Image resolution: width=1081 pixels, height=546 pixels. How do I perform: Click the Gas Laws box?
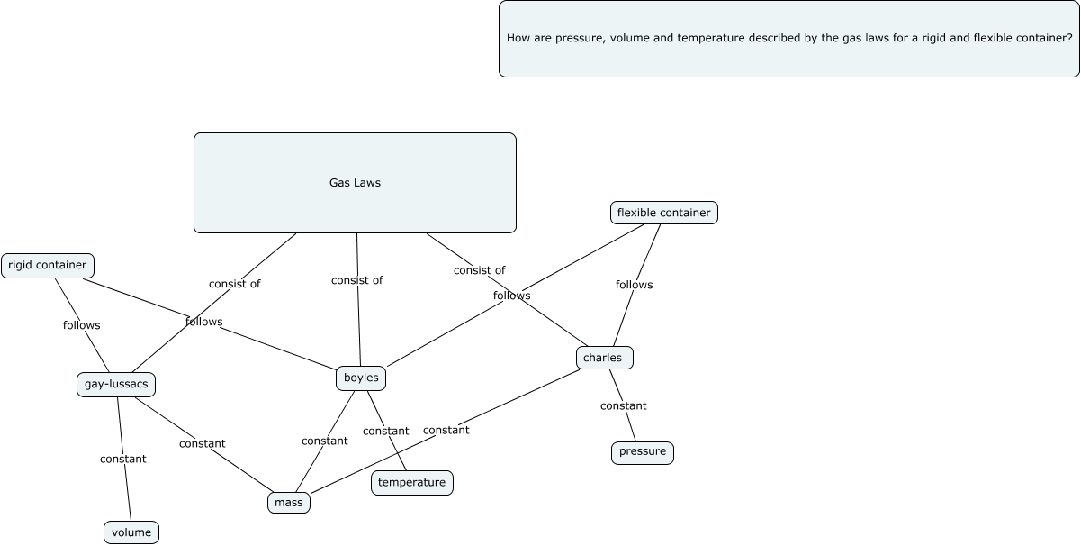355,183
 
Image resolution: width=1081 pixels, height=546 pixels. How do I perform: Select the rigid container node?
48,265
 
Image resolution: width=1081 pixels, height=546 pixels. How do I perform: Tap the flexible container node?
663,213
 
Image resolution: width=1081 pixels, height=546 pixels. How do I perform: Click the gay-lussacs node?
116,385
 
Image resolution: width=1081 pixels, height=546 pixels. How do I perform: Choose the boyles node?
361,378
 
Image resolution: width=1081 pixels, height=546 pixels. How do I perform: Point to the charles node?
603,358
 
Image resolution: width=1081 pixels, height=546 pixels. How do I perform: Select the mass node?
289,503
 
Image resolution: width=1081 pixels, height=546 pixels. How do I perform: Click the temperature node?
411,483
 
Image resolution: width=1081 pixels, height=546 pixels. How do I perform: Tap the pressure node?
642,452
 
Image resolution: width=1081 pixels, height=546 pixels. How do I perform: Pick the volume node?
131,532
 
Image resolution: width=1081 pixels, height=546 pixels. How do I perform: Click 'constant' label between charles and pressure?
623,406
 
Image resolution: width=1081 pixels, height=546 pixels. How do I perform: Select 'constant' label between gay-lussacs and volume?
122,460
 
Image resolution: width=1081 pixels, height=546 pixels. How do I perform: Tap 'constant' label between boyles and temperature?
385,432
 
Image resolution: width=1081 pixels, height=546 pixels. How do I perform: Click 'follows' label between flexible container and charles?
634,285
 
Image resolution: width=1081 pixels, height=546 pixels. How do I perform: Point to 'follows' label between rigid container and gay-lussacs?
81,325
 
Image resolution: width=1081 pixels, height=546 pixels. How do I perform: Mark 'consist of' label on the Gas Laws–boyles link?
356,280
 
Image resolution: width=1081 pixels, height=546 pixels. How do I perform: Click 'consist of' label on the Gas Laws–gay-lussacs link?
234,284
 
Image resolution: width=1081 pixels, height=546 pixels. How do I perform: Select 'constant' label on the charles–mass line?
446,431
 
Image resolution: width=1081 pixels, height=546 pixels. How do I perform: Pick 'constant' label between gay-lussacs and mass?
202,444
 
